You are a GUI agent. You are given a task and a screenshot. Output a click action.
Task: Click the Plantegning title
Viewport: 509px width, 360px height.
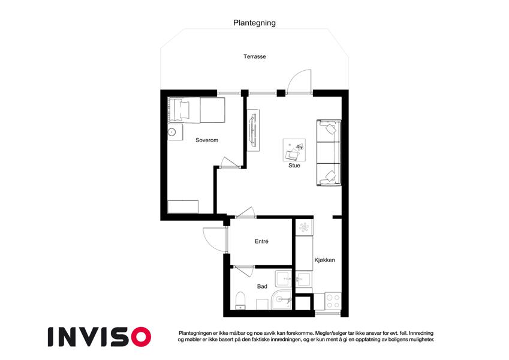(254, 23)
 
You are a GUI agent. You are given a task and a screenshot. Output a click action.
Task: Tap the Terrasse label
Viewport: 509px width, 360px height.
(255, 56)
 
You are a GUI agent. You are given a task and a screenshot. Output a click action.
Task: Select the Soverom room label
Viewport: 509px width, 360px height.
(207, 140)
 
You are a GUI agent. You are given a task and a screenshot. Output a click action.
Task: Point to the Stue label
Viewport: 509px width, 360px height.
(294, 166)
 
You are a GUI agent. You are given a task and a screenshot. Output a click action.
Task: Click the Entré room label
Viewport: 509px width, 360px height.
(261, 241)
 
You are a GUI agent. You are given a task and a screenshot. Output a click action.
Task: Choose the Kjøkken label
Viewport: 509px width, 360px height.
(324, 260)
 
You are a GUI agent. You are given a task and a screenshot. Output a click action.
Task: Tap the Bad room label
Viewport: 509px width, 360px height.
(262, 286)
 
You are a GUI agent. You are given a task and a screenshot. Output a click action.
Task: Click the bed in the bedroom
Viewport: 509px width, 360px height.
(197, 110)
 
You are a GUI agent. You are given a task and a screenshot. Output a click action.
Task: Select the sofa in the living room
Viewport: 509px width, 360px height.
(329, 153)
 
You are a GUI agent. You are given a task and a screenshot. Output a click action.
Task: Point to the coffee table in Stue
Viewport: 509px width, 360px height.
(294, 150)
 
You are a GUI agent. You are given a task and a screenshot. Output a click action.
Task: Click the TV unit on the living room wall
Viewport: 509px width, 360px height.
(253, 130)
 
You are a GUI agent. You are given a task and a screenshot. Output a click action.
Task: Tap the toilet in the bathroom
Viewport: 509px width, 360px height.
(240, 301)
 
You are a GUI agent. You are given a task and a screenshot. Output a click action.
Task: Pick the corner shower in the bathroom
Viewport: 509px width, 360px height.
(282, 299)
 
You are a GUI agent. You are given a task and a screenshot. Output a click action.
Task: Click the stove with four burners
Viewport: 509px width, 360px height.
(333, 301)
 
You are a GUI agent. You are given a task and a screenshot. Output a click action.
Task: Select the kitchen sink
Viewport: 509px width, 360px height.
(304, 279)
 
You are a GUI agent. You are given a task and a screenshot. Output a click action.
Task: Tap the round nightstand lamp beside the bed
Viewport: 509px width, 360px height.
(171, 132)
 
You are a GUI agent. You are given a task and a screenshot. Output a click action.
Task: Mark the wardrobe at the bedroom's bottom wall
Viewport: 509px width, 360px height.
(183, 206)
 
